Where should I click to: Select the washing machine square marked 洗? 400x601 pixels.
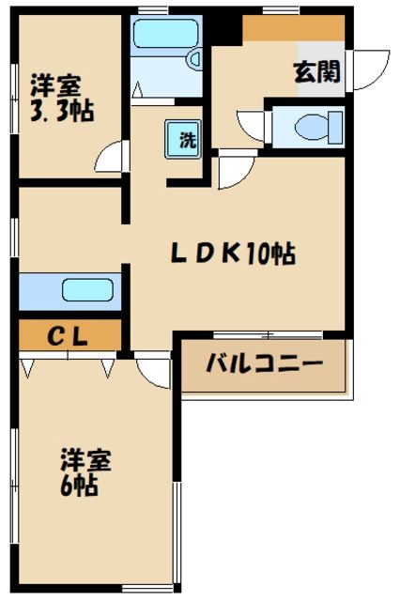coord(186,140)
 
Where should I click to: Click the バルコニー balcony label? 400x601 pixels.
coord(264,363)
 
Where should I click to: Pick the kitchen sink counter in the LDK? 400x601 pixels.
coord(69,291)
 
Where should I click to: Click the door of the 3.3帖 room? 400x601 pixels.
coord(110,158)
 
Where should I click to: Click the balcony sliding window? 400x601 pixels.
coord(268,334)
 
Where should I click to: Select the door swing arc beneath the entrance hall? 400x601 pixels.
coord(233,172)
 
